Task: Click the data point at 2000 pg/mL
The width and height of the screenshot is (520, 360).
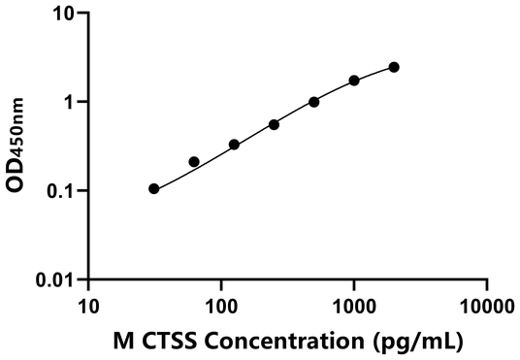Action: click(394, 67)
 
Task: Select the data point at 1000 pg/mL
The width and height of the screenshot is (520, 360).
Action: click(354, 81)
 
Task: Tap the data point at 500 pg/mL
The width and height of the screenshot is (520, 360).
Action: click(314, 102)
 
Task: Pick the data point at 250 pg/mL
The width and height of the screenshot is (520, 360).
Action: click(275, 124)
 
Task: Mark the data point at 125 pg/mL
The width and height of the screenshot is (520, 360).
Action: click(234, 145)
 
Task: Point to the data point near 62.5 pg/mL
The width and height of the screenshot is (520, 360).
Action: click(194, 162)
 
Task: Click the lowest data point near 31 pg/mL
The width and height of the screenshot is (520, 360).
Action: click(154, 188)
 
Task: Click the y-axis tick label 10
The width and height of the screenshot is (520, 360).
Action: click(64, 15)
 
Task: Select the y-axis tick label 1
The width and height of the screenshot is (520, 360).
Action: click(70, 102)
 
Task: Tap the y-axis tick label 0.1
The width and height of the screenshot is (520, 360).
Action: click(61, 191)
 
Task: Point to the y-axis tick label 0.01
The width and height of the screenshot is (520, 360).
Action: click(56, 280)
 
